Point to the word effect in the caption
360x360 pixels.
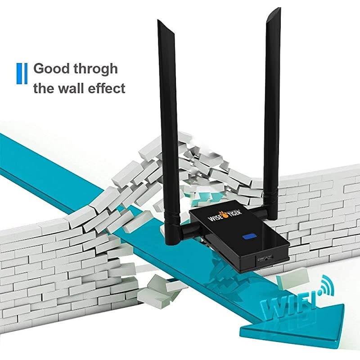[x=109, y=88]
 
